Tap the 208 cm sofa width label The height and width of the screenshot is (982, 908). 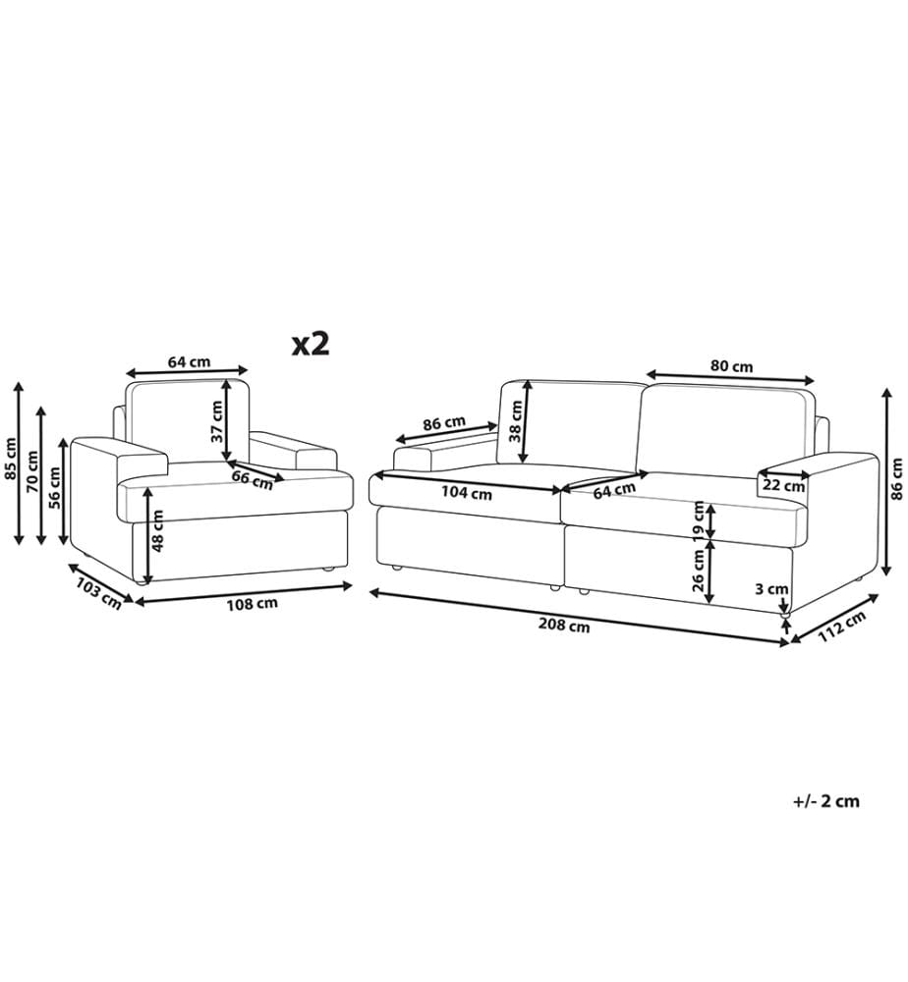[564, 625]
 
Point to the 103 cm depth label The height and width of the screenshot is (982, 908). [98, 593]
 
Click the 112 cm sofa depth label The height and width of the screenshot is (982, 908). [841, 627]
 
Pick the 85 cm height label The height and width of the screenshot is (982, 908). [12, 458]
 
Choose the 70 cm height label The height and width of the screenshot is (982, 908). [32, 471]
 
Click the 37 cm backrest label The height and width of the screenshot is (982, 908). [216, 421]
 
